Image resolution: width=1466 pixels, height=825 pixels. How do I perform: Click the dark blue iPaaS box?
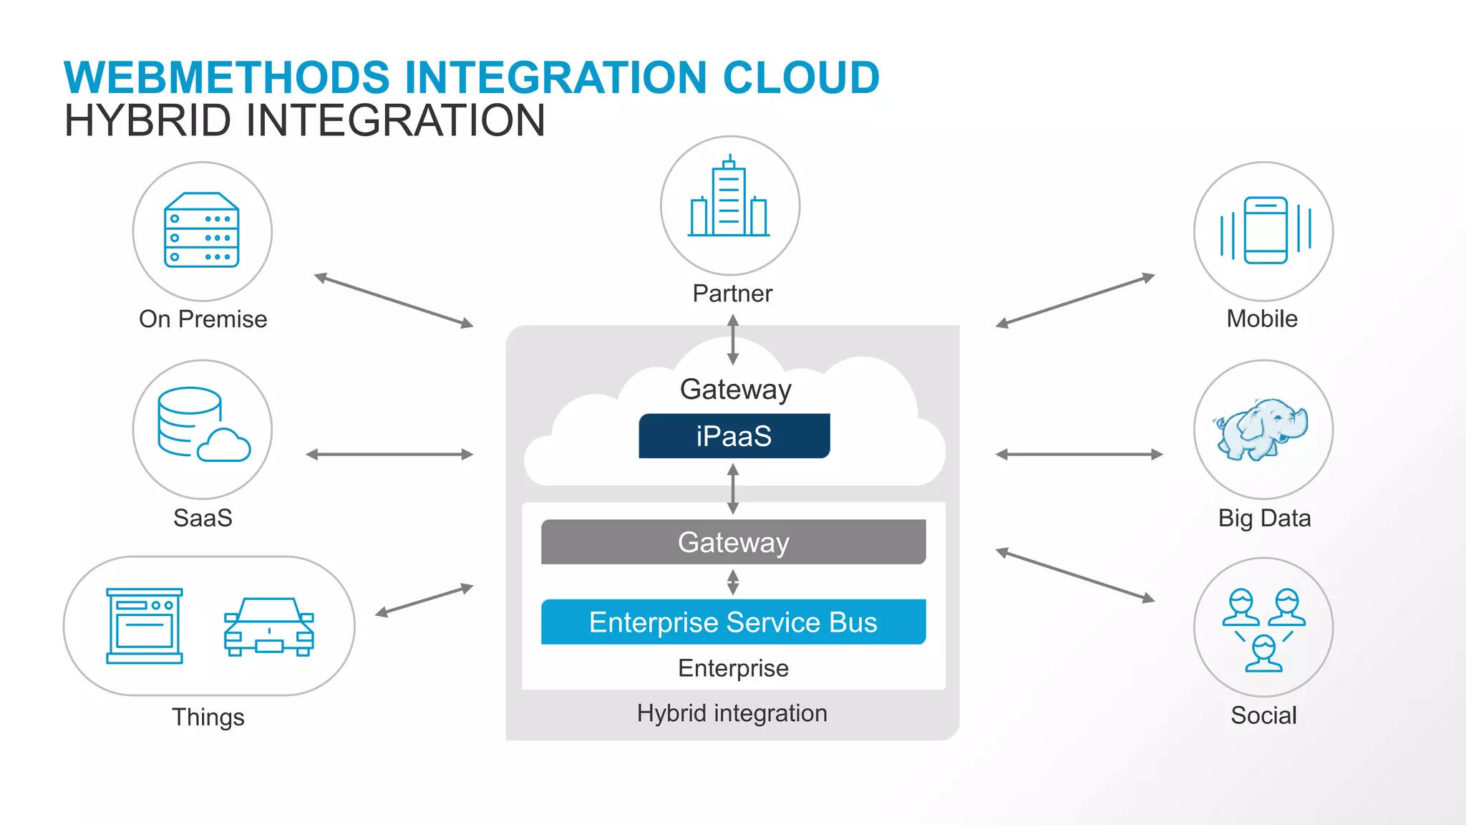tap(734, 436)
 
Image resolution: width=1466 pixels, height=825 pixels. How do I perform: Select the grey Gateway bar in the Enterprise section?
tap(733, 542)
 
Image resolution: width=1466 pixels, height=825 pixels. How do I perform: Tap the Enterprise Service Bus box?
tap(733, 622)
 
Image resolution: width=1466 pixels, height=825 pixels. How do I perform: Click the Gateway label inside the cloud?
tap(735, 390)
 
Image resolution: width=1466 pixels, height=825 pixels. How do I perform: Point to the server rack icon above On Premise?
tap(202, 230)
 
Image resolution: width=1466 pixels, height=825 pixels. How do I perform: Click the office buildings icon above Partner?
tap(729, 198)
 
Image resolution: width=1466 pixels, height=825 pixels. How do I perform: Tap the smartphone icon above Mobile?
tap(1265, 231)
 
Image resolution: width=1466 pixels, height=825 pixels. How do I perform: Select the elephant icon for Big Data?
tap(1261, 429)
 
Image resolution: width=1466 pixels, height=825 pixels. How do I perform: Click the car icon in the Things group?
tap(269, 627)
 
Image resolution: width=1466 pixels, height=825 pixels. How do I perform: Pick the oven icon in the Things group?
tap(145, 626)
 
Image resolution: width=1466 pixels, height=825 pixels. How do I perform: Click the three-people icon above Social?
tap(1263, 629)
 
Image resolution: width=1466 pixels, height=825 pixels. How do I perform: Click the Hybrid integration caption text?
tap(732, 713)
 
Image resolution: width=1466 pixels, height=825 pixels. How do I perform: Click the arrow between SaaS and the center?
tap(389, 454)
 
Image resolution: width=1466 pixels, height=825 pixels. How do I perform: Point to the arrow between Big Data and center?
tap(1079, 454)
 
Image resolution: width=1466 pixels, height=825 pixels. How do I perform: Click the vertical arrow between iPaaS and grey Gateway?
tap(733, 488)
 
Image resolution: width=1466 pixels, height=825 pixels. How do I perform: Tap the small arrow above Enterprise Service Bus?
tap(733, 582)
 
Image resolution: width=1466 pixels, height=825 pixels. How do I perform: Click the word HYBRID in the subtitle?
tap(147, 120)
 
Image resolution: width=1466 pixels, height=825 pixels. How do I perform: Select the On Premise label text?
tap(203, 319)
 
